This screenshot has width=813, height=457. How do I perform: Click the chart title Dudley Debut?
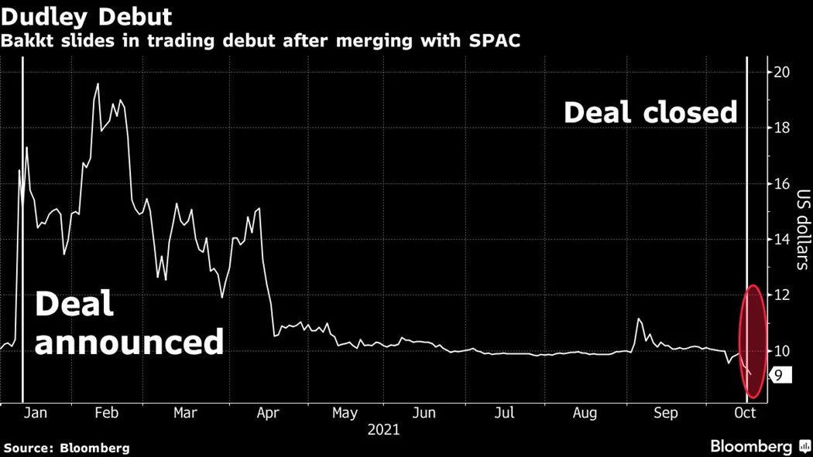coord(86,15)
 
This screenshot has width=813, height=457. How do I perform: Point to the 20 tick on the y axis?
coord(782,73)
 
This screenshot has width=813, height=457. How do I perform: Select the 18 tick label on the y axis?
coord(782,128)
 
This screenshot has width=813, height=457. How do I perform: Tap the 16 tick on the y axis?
coord(782,184)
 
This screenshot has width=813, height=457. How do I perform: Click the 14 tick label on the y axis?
coord(782,240)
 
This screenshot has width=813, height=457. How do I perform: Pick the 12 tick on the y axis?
coord(782,295)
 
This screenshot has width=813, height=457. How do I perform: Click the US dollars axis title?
coord(803,230)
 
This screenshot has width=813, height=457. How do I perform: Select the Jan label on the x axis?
coord(35,414)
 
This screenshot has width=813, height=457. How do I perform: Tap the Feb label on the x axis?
coord(106,414)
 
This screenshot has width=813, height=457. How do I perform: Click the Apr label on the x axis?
coord(266,414)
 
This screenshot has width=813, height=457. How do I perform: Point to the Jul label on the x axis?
coord(504,414)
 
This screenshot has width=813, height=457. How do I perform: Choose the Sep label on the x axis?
coord(665,414)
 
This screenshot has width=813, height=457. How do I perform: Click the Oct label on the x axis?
coord(744,414)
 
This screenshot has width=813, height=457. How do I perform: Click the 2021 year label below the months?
coord(383,430)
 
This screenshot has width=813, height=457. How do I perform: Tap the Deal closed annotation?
coord(650,113)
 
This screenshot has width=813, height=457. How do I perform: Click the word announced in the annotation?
coord(129,341)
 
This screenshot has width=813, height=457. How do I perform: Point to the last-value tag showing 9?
coord(778,376)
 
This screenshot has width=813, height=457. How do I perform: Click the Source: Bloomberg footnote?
coord(67,448)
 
